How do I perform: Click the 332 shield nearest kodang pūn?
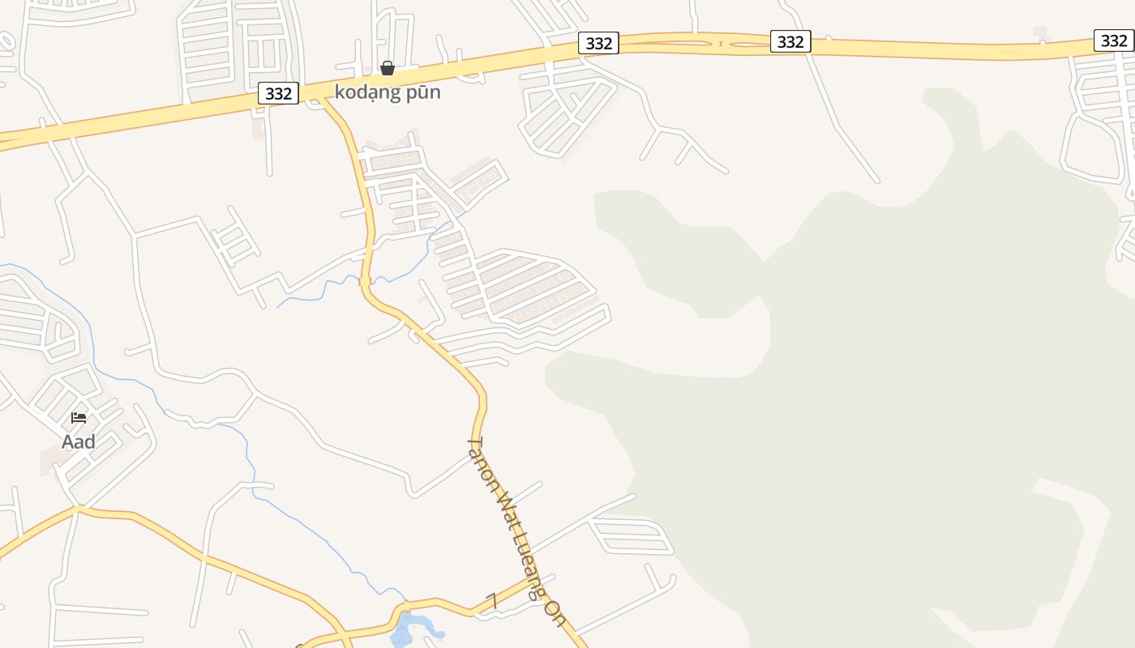click(278, 93)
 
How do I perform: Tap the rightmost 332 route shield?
click(1113, 40)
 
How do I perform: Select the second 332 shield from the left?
click(598, 43)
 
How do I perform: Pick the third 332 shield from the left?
click(790, 41)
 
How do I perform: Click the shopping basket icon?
click(388, 68)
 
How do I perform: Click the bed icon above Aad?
click(79, 418)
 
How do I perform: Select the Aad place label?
click(79, 441)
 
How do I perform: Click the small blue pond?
click(405, 628)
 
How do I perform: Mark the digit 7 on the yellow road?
click(491, 600)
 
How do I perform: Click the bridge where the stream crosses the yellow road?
click(365, 281)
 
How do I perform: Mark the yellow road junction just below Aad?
click(78, 509)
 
